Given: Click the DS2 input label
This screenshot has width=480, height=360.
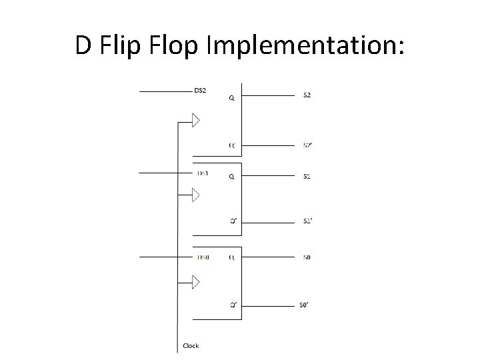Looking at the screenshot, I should pyautogui.click(x=199, y=90).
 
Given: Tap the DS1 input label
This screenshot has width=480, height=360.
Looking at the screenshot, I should pyautogui.click(x=202, y=173).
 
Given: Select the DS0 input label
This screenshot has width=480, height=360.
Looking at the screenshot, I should pyautogui.click(x=202, y=257).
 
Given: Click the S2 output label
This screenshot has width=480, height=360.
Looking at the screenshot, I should pyautogui.click(x=307, y=95).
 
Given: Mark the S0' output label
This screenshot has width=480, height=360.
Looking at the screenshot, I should pyautogui.click(x=305, y=305).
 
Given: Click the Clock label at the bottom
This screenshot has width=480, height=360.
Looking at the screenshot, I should pyautogui.click(x=191, y=346).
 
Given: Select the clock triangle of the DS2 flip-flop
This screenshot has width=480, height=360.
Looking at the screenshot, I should pyautogui.click(x=195, y=120).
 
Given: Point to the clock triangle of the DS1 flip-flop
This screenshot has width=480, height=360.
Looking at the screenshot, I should pyautogui.click(x=195, y=195).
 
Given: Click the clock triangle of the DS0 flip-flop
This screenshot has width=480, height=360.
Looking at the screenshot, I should pyautogui.click(x=195, y=283).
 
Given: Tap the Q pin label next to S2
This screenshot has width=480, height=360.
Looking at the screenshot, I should pyautogui.click(x=231, y=98).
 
